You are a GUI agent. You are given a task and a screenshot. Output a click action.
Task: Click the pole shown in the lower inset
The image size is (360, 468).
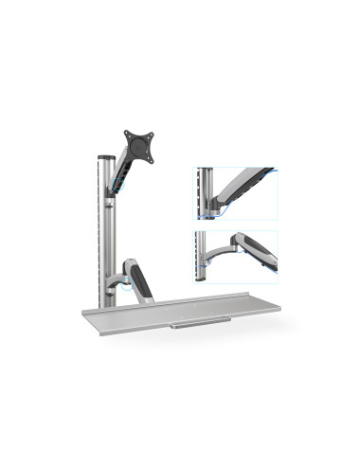pyautogui.click(x=203, y=258)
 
